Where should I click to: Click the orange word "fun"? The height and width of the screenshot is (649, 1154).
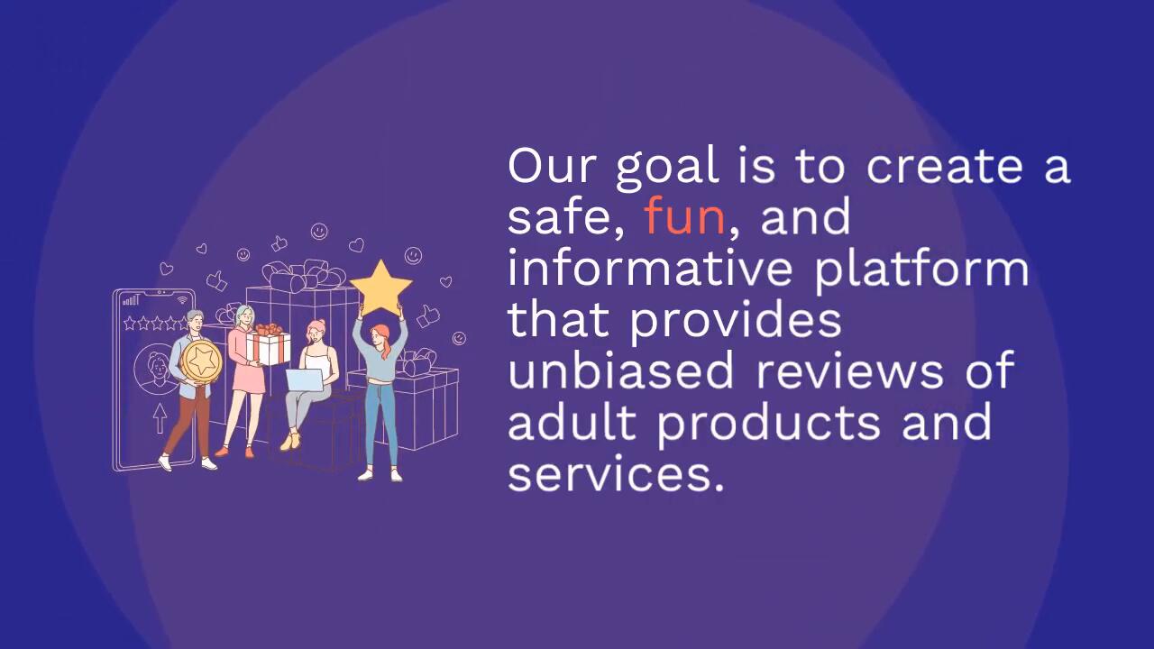click(x=684, y=215)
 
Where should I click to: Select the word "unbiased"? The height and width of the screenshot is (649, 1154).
click(x=620, y=370)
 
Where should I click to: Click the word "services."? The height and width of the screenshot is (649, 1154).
click(x=616, y=474)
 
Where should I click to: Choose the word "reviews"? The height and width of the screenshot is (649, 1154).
click(x=849, y=370)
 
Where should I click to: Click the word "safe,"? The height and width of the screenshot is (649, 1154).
click(x=566, y=217)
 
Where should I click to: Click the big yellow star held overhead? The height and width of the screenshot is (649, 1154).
click(x=380, y=288)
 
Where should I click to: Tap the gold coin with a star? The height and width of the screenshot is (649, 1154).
click(x=201, y=360)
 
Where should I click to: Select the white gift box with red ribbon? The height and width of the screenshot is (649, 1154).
click(x=268, y=345)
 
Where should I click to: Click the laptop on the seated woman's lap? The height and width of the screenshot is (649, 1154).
click(x=305, y=380)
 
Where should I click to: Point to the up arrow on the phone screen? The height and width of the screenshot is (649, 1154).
click(x=160, y=417)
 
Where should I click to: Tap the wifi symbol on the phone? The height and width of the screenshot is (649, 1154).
click(x=182, y=300)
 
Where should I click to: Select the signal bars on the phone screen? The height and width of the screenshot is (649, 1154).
click(x=131, y=299)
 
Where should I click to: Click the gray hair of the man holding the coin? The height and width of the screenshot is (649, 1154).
click(x=194, y=315)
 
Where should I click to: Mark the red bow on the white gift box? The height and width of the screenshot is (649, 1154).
click(x=269, y=329)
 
